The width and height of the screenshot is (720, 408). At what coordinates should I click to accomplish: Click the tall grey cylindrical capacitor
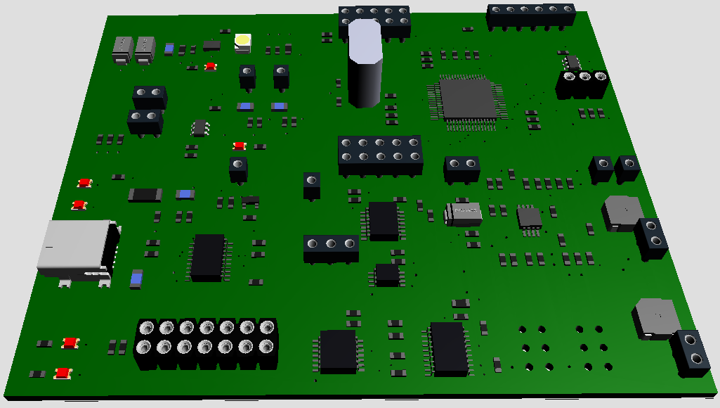click(365, 65)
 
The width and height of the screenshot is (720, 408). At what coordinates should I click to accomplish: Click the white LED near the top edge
click(242, 44)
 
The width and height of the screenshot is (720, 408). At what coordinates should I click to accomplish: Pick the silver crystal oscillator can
click(463, 213)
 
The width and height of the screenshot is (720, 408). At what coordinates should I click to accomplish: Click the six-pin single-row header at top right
click(532, 15)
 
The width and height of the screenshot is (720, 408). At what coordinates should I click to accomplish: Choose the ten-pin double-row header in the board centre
click(380, 155)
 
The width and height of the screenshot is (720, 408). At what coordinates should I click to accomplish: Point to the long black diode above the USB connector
click(145, 194)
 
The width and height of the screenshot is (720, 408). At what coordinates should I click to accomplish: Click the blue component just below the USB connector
click(136, 279)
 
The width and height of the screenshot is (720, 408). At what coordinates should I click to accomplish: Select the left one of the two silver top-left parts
click(123, 49)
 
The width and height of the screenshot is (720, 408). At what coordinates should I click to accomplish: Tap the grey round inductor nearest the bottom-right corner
click(655, 317)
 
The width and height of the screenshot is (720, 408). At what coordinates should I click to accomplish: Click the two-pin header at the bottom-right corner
click(690, 352)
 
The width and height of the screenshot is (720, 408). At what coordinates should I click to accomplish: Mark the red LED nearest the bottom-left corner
click(63, 373)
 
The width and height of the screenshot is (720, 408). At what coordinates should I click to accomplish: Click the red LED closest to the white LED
click(211, 66)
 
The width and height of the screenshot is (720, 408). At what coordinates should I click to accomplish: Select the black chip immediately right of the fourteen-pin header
click(338, 350)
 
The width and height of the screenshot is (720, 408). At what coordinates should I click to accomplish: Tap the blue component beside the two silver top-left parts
click(169, 49)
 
